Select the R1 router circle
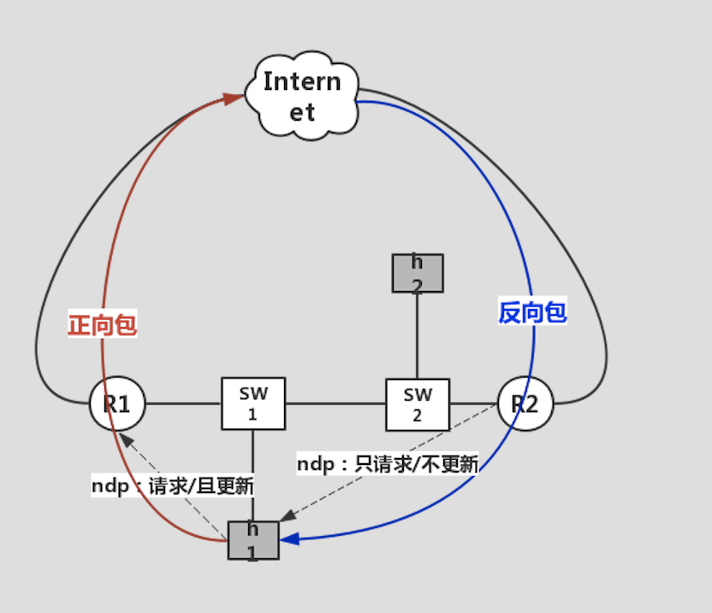pos(117,403)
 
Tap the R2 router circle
pos(525,403)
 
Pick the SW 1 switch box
pos(253,403)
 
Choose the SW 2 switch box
pos(418,404)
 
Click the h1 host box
pos(253,540)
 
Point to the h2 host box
pos(418,273)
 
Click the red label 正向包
pos(103,325)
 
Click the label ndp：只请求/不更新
pos(387,465)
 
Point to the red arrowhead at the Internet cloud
pos(235,99)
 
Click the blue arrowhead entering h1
pos(289,540)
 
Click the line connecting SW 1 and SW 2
pos(335,403)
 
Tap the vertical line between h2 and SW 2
pos(418,336)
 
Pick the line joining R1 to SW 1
pos(183,403)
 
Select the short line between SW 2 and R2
pos(473,403)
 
